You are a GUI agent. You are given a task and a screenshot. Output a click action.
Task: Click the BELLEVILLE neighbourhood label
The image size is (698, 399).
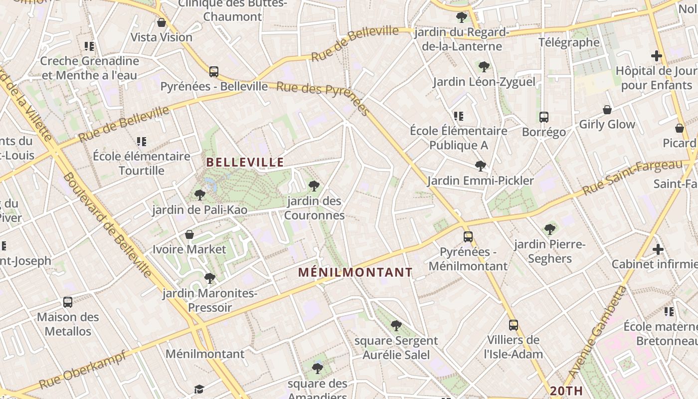245,162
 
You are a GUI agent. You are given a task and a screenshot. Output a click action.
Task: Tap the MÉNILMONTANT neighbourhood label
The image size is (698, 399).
355,272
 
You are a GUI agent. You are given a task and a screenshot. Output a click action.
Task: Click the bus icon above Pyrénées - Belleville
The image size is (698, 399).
214,72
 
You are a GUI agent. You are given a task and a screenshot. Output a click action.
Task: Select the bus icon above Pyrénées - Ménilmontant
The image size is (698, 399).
468,237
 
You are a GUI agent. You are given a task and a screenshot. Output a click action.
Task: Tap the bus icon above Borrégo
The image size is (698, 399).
544,117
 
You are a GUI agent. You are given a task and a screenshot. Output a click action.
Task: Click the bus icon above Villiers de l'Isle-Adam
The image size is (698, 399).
514,325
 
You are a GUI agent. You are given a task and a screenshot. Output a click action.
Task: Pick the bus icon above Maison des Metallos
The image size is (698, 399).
68,302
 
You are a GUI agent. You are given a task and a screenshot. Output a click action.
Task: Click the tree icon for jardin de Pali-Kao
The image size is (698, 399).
200,195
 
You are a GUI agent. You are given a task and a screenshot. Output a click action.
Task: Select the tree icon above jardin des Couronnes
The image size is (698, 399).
314,187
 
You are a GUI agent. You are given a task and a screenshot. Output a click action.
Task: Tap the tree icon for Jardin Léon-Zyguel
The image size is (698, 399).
484,67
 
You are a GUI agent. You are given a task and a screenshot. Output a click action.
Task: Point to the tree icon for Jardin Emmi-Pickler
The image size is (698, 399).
481,166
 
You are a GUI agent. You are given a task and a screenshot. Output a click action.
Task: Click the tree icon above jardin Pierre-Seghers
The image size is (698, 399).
550,229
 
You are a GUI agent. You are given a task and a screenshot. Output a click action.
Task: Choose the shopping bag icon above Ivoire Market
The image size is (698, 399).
189,234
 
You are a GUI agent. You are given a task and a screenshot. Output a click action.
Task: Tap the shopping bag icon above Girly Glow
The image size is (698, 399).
607,110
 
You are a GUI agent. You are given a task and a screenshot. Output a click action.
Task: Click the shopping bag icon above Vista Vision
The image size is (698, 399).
161,22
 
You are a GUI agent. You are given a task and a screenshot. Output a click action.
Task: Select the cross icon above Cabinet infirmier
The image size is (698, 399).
658,249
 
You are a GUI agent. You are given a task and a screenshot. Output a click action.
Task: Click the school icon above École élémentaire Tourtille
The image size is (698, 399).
142,142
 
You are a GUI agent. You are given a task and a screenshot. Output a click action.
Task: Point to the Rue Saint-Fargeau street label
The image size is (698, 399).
632,178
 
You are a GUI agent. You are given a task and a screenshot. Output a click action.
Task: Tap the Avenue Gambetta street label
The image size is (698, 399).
596,333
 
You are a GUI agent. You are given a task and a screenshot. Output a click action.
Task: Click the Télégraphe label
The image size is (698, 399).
569,42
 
